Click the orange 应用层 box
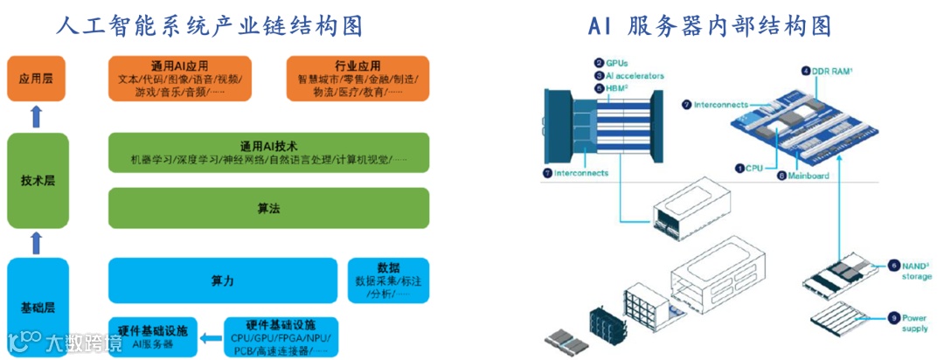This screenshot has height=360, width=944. tap(37, 78)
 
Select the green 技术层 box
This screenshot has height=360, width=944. tap(37, 180)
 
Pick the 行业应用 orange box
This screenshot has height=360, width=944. tap(357, 78)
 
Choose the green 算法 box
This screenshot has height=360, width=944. tap(268, 209)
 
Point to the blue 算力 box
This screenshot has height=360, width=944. tap(222, 280)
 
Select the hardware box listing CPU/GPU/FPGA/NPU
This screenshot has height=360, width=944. tap(281, 337)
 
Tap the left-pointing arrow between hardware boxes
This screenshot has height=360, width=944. tap(210, 337)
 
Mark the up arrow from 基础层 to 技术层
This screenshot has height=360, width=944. tap(37, 241)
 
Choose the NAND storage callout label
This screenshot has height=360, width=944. tap(909, 270)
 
